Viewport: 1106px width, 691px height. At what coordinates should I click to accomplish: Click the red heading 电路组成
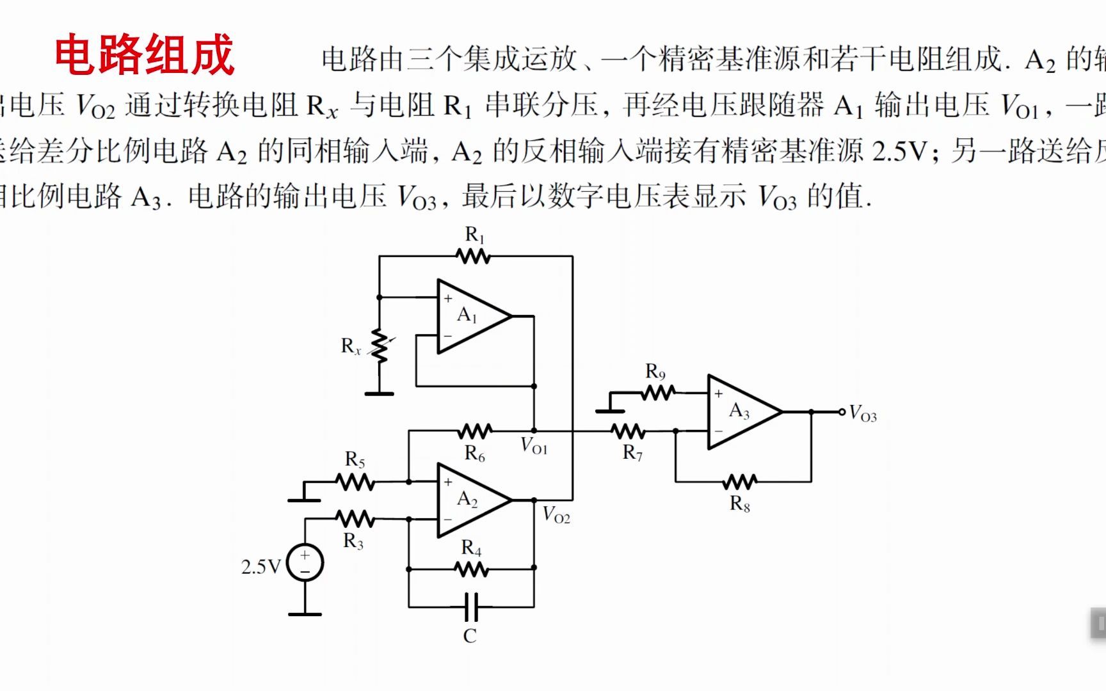tap(145, 55)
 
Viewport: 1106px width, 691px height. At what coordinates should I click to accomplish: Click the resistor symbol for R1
tap(473, 257)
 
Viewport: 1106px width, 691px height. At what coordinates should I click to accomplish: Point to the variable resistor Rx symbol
tap(380, 346)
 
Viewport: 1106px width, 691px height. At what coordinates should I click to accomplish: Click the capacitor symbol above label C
tap(470, 607)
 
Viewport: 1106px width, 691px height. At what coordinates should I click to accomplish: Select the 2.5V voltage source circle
tap(305, 563)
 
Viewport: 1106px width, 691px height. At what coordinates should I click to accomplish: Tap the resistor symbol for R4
tap(472, 568)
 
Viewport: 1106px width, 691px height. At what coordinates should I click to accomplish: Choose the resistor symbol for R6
tap(474, 431)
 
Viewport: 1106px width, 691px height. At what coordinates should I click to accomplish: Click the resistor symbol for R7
tap(628, 431)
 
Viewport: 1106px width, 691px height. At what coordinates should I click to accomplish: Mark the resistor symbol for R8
tap(739, 481)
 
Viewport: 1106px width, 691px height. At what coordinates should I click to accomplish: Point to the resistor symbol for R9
tap(658, 392)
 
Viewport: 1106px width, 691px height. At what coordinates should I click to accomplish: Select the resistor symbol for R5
tap(355, 481)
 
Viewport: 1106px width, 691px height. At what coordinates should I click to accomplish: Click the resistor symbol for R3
tap(355, 518)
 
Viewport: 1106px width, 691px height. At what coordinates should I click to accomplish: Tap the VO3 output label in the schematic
tap(863, 415)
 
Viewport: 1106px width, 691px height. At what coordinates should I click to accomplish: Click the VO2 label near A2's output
tap(556, 515)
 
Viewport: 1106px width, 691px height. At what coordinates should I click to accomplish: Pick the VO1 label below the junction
tap(534, 446)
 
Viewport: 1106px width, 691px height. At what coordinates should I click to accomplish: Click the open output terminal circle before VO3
tap(842, 412)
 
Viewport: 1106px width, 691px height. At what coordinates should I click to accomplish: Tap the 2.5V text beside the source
tap(260, 567)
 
